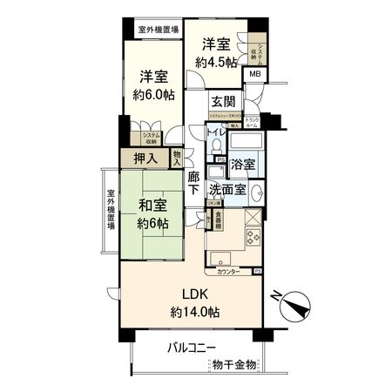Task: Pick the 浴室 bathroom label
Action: (x=243, y=164)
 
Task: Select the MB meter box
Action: (x=254, y=75)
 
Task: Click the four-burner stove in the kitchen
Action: (x=253, y=235)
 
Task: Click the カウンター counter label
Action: (x=228, y=271)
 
